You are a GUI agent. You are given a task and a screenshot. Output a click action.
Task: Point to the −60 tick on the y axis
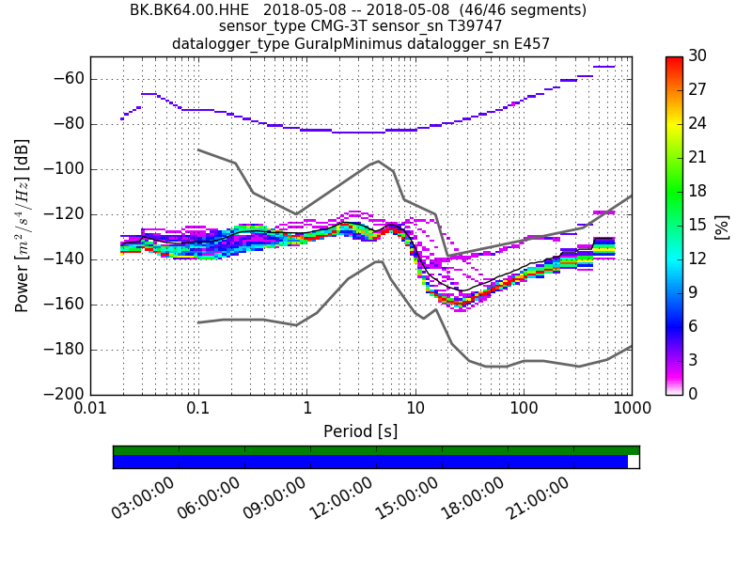69,79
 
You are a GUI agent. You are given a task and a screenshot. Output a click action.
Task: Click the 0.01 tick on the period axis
90,410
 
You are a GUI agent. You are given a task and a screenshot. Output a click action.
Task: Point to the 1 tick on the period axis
307,410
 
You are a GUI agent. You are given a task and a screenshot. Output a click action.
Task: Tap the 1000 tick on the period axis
632,410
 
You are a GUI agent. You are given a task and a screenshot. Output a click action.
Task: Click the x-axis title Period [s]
360,431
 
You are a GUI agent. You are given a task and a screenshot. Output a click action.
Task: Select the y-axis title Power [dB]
23,226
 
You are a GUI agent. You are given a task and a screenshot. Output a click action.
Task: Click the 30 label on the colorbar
698,57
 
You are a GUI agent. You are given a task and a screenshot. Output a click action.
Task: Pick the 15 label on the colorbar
698,226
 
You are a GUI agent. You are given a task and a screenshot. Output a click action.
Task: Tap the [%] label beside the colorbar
722,226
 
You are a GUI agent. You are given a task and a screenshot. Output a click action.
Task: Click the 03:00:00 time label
145,496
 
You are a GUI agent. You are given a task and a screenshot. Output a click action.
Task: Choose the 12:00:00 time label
342,496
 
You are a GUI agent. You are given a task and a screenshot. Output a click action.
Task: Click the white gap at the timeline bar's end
634,462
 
